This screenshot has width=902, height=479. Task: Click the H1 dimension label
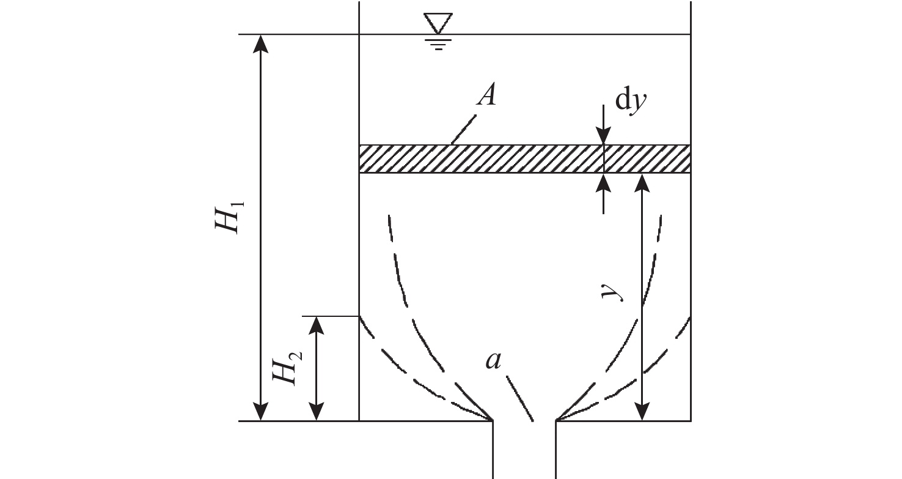[x=228, y=214]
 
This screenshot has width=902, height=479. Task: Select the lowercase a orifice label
[x=493, y=360]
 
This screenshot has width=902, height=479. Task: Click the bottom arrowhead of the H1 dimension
[x=261, y=412]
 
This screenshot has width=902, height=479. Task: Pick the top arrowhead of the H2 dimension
[x=316, y=325]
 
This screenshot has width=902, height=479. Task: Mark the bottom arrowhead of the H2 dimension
[x=316, y=412]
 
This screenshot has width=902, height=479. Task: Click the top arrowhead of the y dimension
[x=642, y=182]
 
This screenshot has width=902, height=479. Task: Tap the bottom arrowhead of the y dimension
[x=642, y=412]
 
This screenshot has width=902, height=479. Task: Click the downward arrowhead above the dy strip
[x=604, y=137]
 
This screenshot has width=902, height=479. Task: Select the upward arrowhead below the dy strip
[x=604, y=182]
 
